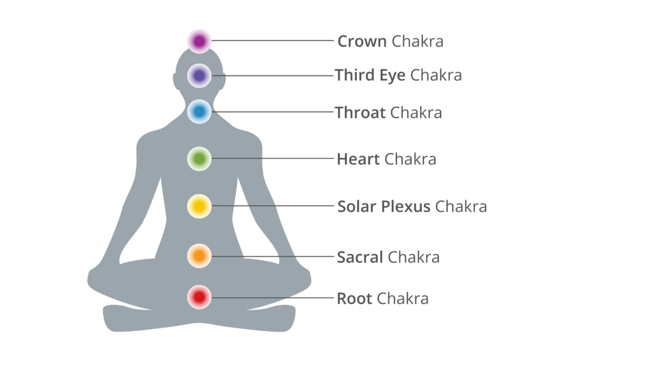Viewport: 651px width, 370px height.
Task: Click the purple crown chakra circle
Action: (199, 41)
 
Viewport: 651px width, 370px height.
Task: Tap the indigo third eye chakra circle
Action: (199, 76)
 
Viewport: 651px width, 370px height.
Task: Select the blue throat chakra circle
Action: (199, 112)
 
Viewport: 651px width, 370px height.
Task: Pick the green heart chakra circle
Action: (199, 158)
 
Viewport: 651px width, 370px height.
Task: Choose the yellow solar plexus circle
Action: (199, 206)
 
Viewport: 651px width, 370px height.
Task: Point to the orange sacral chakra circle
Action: (199, 256)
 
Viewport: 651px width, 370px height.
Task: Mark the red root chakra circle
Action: (199, 297)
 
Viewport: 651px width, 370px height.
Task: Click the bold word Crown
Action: (362, 41)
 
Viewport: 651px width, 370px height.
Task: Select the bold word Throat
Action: (360, 113)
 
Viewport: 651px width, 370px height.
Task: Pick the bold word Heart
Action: (358, 159)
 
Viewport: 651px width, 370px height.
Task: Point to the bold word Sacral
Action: (360, 257)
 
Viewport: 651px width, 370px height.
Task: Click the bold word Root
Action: (354, 298)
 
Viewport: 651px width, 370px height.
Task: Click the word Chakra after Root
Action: (402, 298)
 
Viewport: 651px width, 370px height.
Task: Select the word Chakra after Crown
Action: (417, 41)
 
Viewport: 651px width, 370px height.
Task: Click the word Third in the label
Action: (354, 75)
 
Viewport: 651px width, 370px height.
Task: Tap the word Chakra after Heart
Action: (410, 159)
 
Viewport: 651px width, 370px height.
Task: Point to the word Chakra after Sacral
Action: (414, 257)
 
